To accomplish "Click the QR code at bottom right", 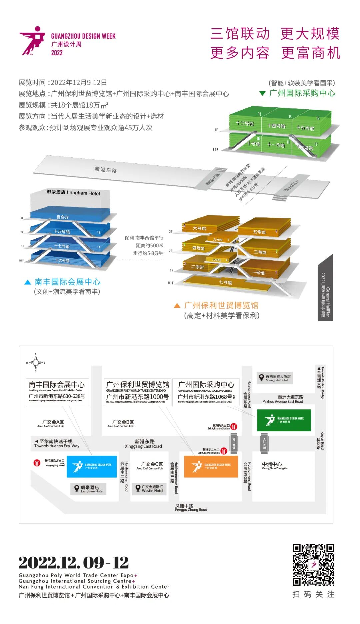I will [x=313, y=565].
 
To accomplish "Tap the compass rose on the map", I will [x=36, y=362].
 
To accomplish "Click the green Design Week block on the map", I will [x=284, y=420].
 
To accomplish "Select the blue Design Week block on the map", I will [x=92, y=466].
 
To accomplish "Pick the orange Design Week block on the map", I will [x=211, y=466].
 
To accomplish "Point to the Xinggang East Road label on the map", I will [x=143, y=444].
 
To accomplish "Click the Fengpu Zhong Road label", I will [x=191, y=508].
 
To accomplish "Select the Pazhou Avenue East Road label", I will [x=283, y=399].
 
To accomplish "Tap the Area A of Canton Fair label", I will [x=51, y=424].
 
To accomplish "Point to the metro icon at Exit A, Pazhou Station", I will [x=234, y=426].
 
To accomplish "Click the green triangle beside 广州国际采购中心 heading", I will [x=262, y=93].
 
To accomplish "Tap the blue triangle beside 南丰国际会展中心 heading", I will [x=28, y=282].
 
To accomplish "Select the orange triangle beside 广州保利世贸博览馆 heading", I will [x=177, y=306].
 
